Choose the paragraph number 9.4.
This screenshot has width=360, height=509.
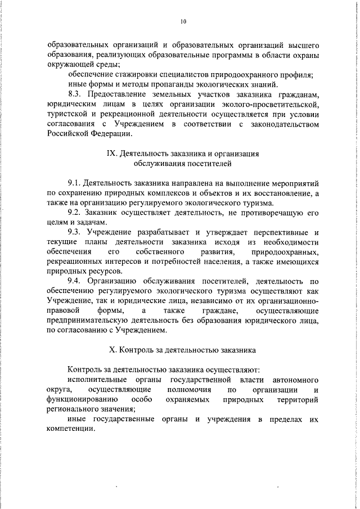[x=75, y=281]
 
